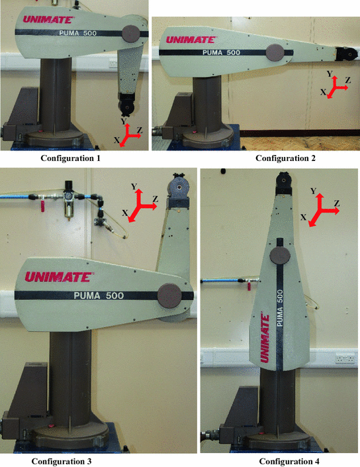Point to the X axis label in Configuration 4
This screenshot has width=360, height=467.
[x=303, y=217]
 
